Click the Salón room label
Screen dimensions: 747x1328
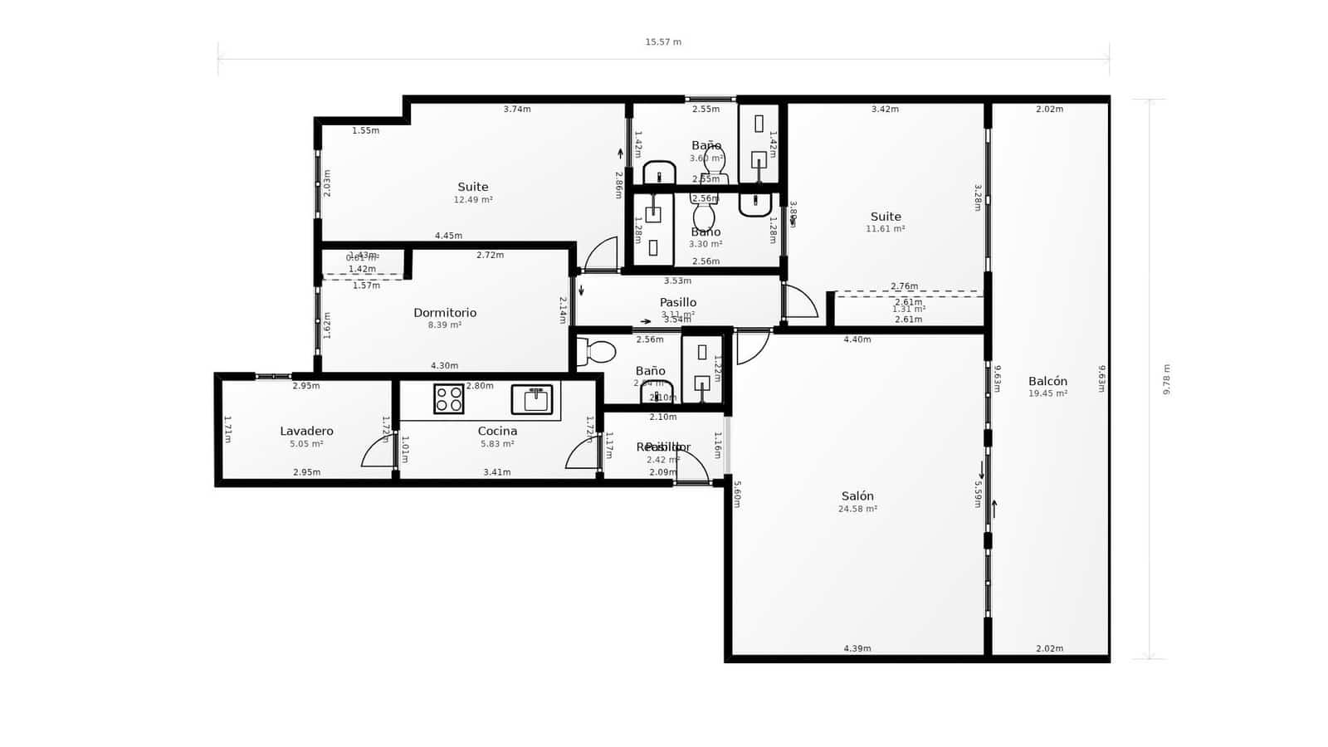857,496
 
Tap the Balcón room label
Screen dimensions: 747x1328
1047,382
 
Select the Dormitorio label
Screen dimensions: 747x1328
445,313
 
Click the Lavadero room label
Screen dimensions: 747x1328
306,432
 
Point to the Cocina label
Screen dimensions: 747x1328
497,432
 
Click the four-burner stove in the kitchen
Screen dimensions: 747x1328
448,399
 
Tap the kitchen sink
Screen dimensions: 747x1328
532,399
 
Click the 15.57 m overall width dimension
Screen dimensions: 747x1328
663,42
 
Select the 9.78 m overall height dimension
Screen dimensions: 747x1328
1166,379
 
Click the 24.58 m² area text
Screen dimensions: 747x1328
857,510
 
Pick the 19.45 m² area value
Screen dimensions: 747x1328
1047,394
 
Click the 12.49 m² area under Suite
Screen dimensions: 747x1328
473,200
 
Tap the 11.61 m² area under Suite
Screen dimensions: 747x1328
886,229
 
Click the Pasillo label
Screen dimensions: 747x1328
678,303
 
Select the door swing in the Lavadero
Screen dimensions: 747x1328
378,453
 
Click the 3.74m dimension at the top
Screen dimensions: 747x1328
517,110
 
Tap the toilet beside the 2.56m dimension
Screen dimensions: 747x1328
599,353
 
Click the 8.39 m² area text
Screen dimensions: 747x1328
445,325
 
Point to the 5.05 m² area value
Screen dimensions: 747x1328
306,444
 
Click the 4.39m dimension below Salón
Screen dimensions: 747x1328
857,649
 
